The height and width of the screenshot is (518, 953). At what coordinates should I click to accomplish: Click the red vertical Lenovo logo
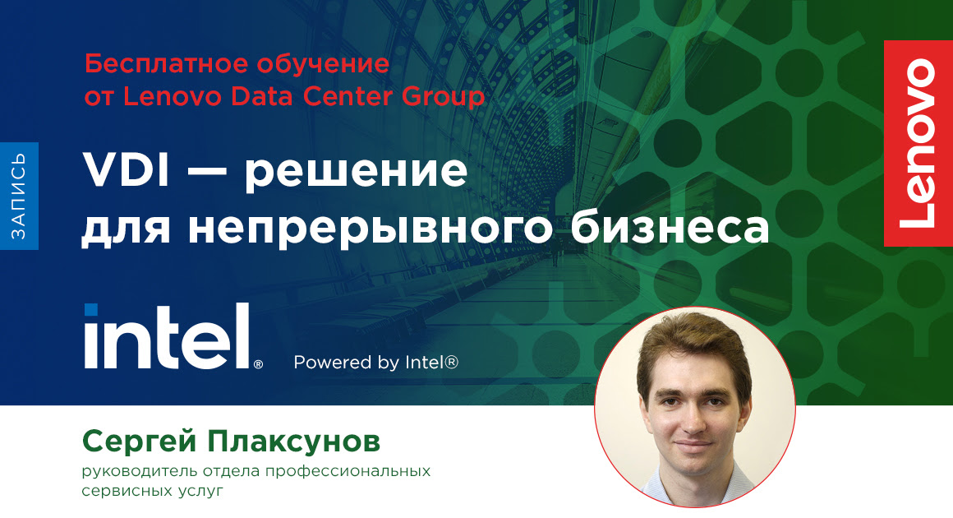[918, 143]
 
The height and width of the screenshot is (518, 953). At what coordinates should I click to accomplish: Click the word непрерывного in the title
[371, 229]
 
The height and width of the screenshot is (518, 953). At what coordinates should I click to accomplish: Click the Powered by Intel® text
[375, 362]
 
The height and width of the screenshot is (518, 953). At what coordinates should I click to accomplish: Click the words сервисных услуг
[152, 491]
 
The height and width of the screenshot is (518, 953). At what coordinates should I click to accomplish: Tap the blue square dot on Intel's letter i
[90, 310]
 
